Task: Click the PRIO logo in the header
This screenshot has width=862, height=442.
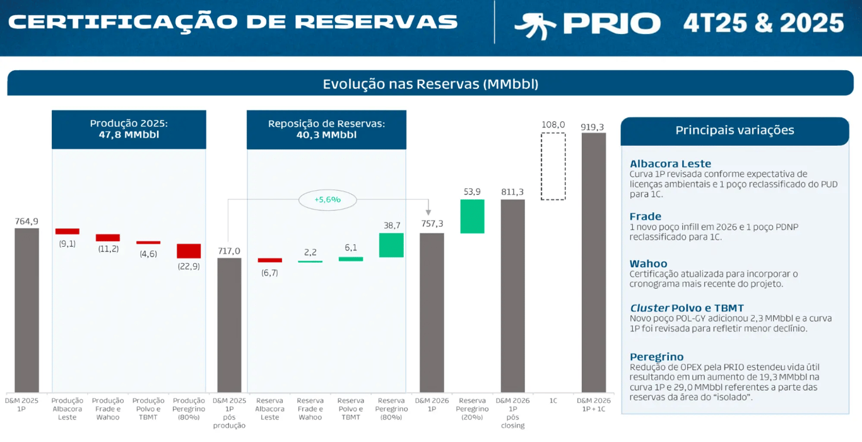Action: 587,24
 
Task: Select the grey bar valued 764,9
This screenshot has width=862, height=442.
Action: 27,309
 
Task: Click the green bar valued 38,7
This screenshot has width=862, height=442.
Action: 391,245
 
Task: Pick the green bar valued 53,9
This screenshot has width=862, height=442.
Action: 472,217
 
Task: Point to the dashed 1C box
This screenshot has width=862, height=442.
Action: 553,166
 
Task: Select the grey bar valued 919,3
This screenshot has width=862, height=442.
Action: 594,262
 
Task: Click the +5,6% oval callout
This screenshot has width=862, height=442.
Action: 327,200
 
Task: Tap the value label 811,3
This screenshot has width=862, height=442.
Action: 512,192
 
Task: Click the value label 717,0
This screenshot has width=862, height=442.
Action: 229,251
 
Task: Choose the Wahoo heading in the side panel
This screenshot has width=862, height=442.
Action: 648,264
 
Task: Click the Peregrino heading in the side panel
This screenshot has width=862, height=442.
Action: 656,357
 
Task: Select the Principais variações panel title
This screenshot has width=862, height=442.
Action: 735,131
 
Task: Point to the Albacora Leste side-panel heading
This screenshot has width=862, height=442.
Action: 670,164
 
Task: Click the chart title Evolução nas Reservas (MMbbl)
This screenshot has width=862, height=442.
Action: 430,84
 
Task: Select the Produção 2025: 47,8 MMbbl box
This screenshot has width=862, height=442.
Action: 129,129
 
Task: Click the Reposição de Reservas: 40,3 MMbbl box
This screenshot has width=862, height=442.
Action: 326,129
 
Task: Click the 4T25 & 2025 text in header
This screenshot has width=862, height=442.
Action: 764,24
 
